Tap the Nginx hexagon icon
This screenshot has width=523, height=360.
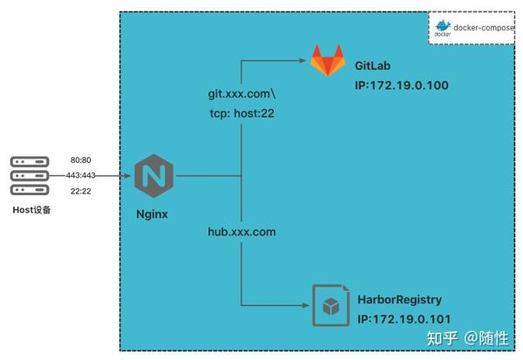point(153,175)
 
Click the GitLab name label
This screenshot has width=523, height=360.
point(377,66)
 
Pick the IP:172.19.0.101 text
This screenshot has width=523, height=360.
point(404,320)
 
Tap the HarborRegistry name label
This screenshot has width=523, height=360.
point(399,298)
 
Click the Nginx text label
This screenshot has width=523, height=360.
point(153,214)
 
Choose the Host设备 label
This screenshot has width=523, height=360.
point(31,210)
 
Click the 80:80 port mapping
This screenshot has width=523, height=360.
point(80,160)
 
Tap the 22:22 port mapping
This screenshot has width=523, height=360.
point(80,192)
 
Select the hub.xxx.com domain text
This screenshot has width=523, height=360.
point(241,232)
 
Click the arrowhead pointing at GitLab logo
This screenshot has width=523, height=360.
point(305,61)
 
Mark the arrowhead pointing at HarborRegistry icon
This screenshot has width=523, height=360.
point(307,306)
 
